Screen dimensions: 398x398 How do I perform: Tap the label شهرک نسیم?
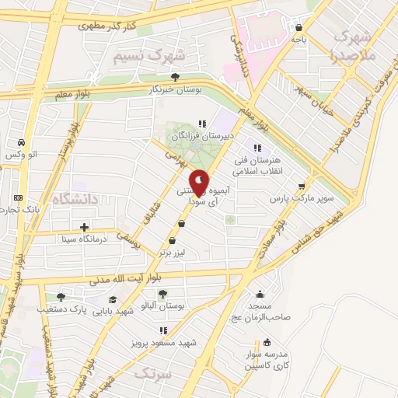pyautogui.click(x=149, y=56)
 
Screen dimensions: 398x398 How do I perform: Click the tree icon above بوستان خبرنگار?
pyautogui.click(x=176, y=76)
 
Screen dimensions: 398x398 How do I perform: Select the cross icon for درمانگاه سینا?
pyautogui.click(x=84, y=227)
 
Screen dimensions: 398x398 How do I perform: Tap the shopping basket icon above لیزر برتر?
pyautogui.click(x=181, y=224)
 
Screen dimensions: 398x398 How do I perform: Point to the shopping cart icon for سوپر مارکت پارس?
pyautogui.click(x=302, y=186)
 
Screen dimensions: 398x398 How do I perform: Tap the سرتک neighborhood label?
pyautogui.click(x=152, y=374)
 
